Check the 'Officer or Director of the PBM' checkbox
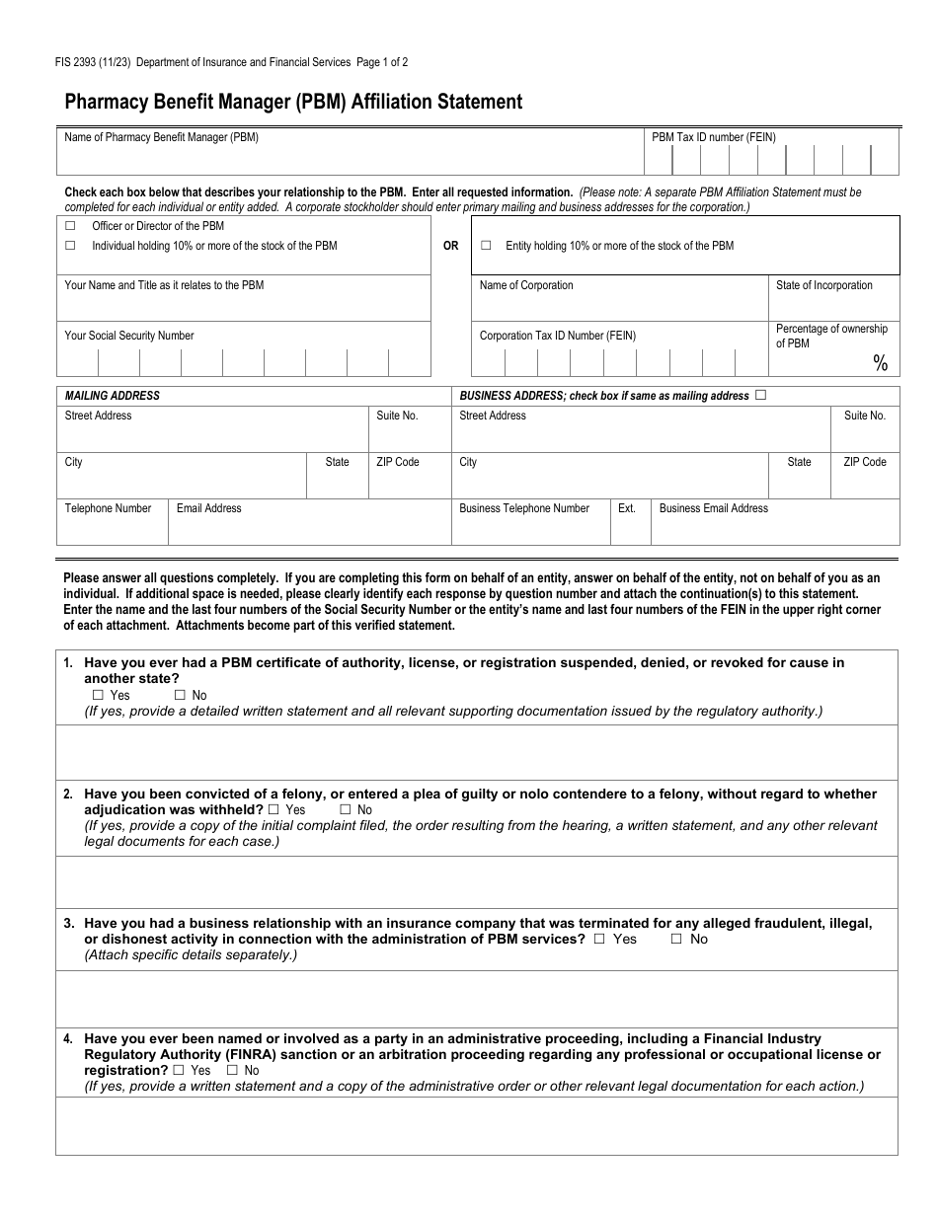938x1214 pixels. [x=70, y=226]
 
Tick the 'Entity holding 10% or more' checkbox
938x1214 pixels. [x=486, y=246]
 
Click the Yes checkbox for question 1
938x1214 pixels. [x=98, y=695]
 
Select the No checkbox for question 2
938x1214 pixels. [x=346, y=809]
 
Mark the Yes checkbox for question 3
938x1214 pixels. [x=599, y=939]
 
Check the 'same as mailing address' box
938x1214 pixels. [x=760, y=395]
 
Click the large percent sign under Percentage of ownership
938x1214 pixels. [x=880, y=364]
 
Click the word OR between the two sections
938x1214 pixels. [x=450, y=246]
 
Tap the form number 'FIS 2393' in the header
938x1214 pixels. [x=75, y=62]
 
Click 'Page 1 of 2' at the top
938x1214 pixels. [x=382, y=62]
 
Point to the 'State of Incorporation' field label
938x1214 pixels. [x=823, y=285]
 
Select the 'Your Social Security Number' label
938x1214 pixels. [x=129, y=336]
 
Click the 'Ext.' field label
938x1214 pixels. [x=627, y=508]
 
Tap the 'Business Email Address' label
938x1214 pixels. [x=713, y=508]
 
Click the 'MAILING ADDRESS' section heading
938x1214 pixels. [x=112, y=396]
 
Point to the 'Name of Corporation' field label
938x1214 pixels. [x=525, y=285]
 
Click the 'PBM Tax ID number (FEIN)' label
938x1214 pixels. [x=713, y=137]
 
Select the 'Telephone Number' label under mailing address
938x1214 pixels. [x=108, y=508]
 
